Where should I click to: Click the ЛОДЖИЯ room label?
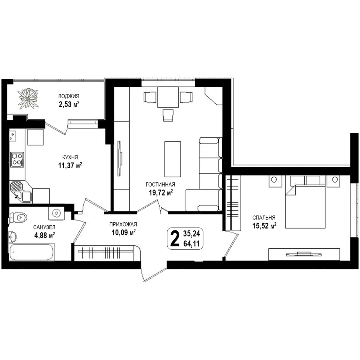pyautogui.click(x=69, y=96)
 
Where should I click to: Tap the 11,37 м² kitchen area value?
pyautogui.click(x=70, y=165)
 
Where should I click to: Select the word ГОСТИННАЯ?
pyautogui.click(x=160, y=184)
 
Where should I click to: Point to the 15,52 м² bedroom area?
pyautogui.click(x=264, y=226)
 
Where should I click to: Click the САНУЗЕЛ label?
pyautogui.click(x=44, y=227)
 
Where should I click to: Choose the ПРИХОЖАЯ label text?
pyautogui.click(x=123, y=224)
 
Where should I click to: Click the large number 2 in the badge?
pyautogui.click(x=175, y=238)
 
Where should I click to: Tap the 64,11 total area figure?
pyautogui.click(x=191, y=244)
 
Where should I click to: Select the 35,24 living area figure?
pyautogui.click(x=191, y=234)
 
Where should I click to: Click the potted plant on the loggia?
pyautogui.click(x=28, y=99)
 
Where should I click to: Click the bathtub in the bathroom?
pyautogui.click(x=31, y=252)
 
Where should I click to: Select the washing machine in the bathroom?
pyautogui.click(x=56, y=213)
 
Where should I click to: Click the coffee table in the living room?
pyautogui.click(x=172, y=159)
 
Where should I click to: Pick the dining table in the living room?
pyautogui.click(x=168, y=97)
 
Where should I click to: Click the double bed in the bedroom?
pyautogui.click(x=305, y=202)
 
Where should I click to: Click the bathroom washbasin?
pyautogui.click(x=12, y=236)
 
